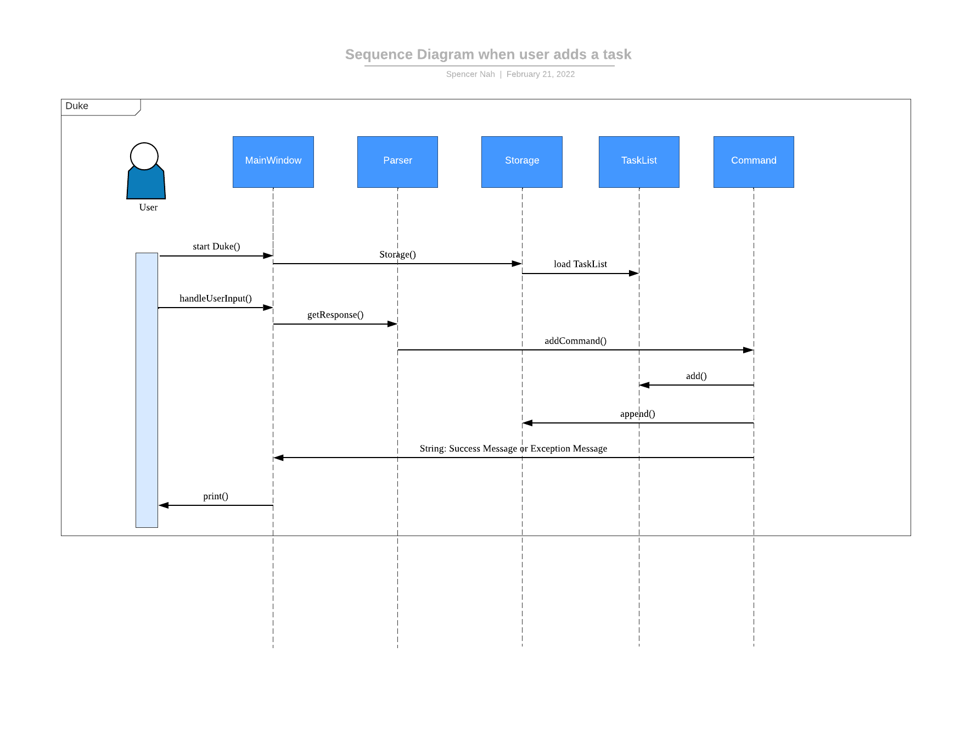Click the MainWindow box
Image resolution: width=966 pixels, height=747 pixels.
pyautogui.click(x=273, y=161)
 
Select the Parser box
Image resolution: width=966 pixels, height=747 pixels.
pyautogui.click(x=397, y=161)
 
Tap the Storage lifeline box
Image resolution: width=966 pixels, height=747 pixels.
pyautogui.click(x=521, y=161)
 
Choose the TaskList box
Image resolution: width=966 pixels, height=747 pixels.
pyautogui.click(x=639, y=161)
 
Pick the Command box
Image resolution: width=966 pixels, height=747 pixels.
pyautogui.click(x=754, y=161)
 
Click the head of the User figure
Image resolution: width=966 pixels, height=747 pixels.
pyautogui.click(x=144, y=156)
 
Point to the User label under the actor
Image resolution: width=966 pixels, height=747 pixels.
pyautogui.click(x=148, y=208)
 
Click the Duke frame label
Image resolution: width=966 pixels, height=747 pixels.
pyautogui.click(x=77, y=106)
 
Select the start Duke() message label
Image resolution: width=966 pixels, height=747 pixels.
pyautogui.click(x=216, y=247)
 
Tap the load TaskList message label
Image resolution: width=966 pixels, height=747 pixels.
pyautogui.click(x=580, y=264)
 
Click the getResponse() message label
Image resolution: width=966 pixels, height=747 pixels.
pyautogui.click(x=335, y=315)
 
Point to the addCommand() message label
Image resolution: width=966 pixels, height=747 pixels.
pyautogui.click(x=575, y=341)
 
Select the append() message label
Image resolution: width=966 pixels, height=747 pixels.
pyautogui.click(x=637, y=414)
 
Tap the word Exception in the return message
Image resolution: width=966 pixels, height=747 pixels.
pyautogui.click(x=550, y=449)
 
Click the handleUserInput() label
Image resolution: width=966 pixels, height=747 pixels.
pyautogui.click(x=216, y=299)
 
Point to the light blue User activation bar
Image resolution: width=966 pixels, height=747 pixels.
pyautogui.click(x=147, y=390)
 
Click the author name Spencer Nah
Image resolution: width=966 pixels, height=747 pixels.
pyautogui.click(x=470, y=74)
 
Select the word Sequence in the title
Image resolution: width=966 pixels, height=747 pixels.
pyautogui.click(x=379, y=54)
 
